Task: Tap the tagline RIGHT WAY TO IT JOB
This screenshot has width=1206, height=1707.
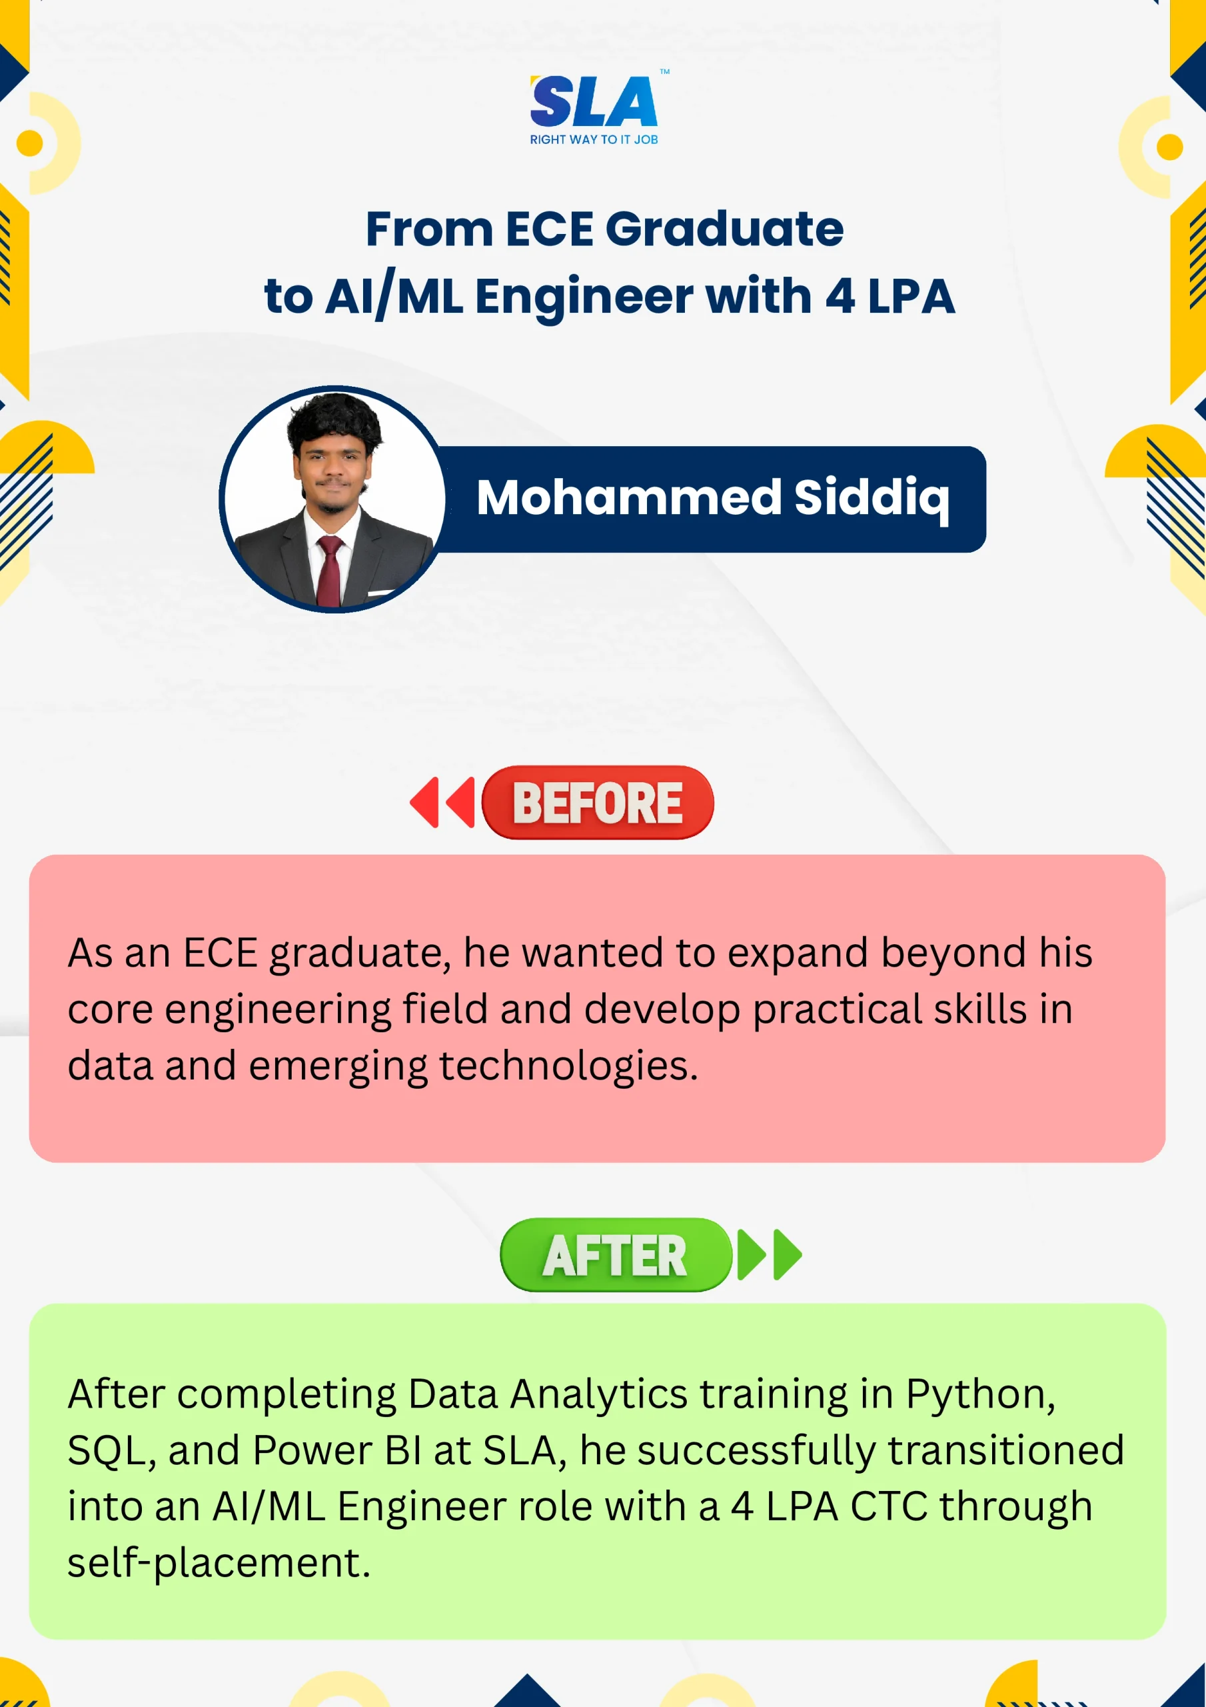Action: (x=594, y=140)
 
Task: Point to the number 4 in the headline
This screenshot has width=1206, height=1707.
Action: (x=840, y=297)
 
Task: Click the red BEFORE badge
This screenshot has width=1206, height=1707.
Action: (x=598, y=802)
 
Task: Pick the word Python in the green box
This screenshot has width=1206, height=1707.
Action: (x=980, y=1396)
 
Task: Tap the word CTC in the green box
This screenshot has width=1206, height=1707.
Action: (x=889, y=1507)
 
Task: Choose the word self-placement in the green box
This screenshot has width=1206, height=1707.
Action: (x=219, y=1564)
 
